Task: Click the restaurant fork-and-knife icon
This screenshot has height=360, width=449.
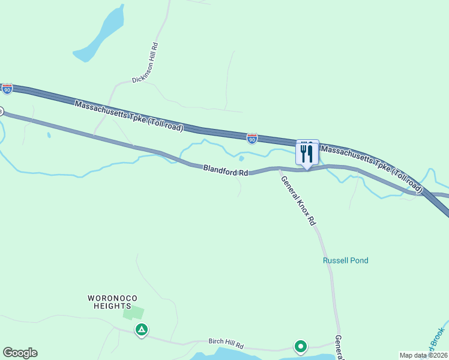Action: tap(307, 153)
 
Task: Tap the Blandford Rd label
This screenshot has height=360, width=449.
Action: tap(225, 171)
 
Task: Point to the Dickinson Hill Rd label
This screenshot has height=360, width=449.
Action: tap(145, 62)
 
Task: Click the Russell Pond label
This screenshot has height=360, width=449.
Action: tap(345, 260)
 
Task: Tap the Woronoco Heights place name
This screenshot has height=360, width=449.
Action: tap(109, 302)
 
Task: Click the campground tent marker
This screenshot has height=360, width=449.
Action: tap(141, 329)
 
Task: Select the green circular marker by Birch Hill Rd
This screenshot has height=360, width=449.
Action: tap(300, 346)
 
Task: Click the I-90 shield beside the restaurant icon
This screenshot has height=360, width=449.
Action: tap(252, 139)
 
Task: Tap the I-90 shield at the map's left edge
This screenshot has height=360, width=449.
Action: tap(7, 89)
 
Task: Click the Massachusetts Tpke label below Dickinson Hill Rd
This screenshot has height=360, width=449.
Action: tap(129, 116)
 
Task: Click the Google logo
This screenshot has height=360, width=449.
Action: tap(20, 353)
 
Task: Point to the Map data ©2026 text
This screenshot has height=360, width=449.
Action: tap(423, 355)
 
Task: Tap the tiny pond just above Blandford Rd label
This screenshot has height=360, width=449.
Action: tap(241, 158)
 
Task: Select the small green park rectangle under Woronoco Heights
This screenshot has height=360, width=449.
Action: tap(134, 313)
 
